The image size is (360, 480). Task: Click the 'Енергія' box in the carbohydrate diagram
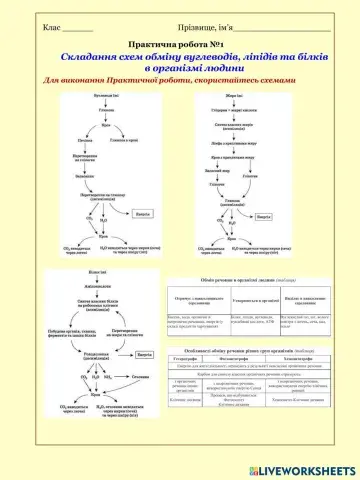tap(143, 211)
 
